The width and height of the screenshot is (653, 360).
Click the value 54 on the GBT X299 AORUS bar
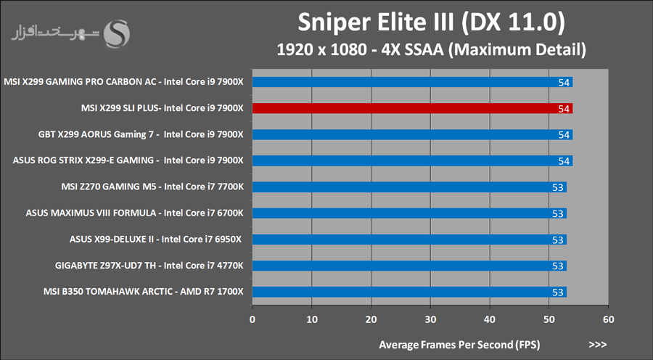click(x=564, y=135)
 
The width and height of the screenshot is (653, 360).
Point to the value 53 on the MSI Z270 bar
click(x=558, y=187)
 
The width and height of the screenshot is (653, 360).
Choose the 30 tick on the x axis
click(x=430, y=319)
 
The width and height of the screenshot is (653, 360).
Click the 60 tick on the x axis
click(x=609, y=319)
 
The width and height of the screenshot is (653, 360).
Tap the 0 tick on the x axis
click(x=252, y=319)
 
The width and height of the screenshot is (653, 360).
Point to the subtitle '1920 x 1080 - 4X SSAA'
click(x=431, y=51)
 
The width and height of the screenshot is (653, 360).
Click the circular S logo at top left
click(x=118, y=33)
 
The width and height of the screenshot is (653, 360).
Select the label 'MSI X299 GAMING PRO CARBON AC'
click(x=124, y=82)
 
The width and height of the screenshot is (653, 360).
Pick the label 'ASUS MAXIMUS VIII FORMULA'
click(x=134, y=213)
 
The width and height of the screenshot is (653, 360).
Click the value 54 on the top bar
click(x=564, y=83)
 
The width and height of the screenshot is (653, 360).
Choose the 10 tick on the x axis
click(x=312, y=319)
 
